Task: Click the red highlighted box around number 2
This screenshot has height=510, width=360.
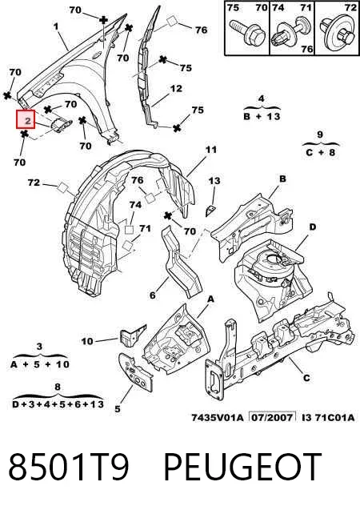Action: [x=26, y=119]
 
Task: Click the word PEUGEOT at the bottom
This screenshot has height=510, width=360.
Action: [x=242, y=466]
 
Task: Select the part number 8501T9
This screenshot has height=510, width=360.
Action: [x=68, y=466]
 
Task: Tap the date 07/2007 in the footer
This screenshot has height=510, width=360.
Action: [x=272, y=416]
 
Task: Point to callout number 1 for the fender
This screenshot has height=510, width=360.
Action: [x=56, y=26]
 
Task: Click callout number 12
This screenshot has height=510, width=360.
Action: [x=176, y=88]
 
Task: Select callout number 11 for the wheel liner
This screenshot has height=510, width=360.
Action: [x=211, y=150]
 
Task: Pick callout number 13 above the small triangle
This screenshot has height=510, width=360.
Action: [x=214, y=181]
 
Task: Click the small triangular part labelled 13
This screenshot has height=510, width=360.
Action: [x=210, y=211]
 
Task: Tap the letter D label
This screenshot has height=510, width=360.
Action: [x=312, y=227]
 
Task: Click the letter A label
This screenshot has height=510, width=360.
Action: [x=211, y=299]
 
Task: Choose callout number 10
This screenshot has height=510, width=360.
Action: [x=87, y=341]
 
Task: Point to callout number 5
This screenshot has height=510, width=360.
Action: [x=118, y=409]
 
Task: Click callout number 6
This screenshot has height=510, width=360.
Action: [x=152, y=295]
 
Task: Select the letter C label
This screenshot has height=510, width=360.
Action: [x=306, y=378]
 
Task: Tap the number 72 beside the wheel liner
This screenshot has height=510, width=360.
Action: [x=34, y=183]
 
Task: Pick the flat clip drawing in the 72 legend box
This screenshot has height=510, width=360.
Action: [x=337, y=33]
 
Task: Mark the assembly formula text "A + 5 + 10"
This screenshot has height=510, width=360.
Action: [x=40, y=364]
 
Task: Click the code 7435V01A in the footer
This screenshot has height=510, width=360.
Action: [x=217, y=417]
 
